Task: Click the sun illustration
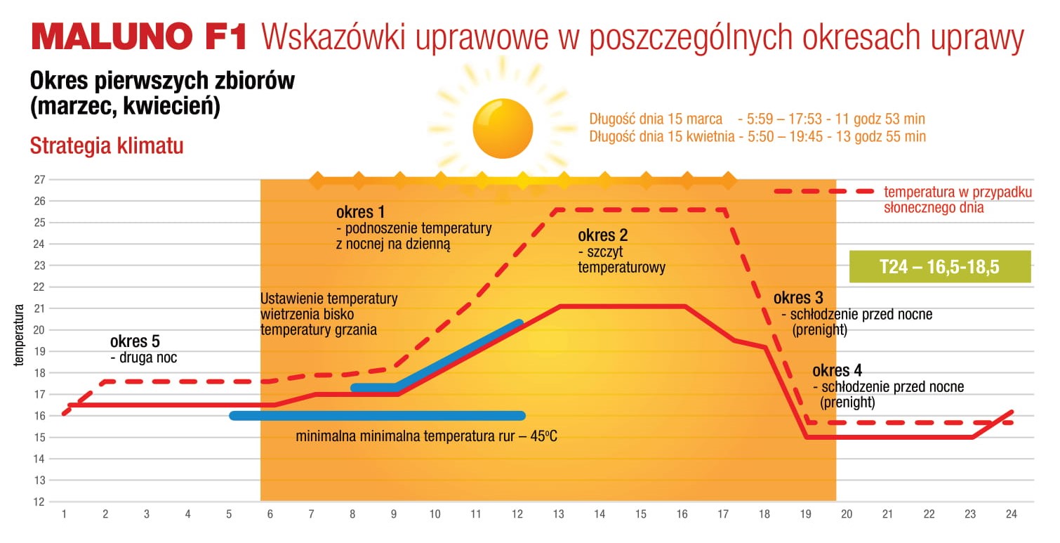(503, 129)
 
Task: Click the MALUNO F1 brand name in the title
(139, 37)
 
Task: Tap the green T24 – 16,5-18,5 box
(940, 266)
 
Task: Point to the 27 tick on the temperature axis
(39, 179)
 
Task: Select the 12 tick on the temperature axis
(39, 502)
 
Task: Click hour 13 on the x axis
(558, 514)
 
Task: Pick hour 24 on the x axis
(1012, 514)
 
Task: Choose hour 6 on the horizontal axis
(270, 514)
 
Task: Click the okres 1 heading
(361, 212)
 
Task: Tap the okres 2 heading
(603, 235)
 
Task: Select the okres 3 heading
(798, 298)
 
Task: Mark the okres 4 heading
(837, 370)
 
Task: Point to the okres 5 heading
(135, 341)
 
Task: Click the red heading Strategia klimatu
(107, 146)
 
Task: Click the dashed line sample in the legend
(824, 191)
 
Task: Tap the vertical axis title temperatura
(19, 335)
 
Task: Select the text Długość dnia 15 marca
(656, 119)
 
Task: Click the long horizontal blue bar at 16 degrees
(377, 416)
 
